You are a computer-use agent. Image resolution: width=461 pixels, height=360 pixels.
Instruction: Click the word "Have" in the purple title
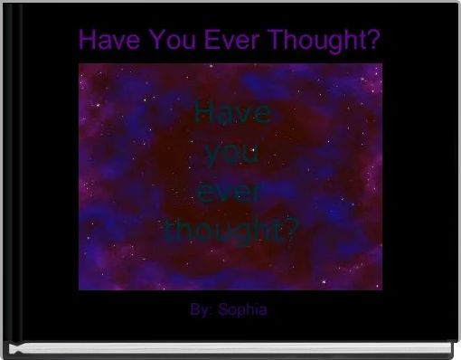click(x=105, y=41)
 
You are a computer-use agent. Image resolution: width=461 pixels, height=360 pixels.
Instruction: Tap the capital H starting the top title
click(x=87, y=41)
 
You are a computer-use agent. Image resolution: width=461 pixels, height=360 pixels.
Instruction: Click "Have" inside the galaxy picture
click(x=231, y=114)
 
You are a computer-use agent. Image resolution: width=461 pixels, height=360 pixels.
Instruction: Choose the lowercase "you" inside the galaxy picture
click(x=231, y=153)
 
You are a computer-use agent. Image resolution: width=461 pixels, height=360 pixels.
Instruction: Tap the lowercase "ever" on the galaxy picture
click(x=231, y=192)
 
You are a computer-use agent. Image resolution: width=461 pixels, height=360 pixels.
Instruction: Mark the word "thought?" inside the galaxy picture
click(x=231, y=231)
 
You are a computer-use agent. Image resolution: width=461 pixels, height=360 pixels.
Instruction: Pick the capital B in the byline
click(x=195, y=310)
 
